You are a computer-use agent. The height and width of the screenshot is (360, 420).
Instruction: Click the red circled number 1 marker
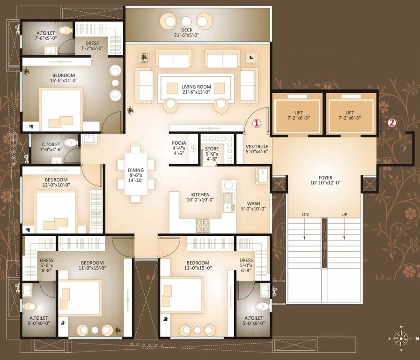tap(256, 123)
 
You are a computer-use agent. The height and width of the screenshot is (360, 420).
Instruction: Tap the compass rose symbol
tap(401, 337)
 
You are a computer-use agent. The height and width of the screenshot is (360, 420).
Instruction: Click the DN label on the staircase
tap(305, 214)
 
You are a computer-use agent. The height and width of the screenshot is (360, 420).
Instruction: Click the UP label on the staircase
tap(344, 214)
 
